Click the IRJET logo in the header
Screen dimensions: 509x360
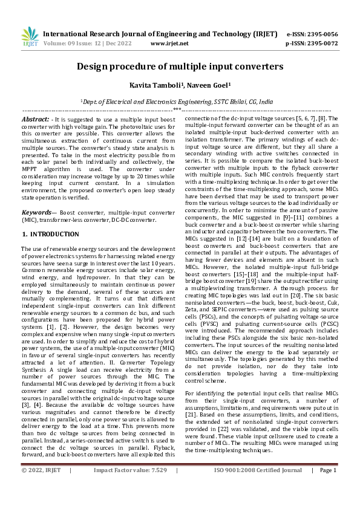(x=29, y=37)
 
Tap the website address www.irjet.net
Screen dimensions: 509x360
(x=169, y=44)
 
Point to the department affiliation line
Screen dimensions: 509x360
(x=180, y=103)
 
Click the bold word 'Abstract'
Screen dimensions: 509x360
(x=35, y=120)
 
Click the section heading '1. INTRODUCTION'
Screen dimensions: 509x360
(x=47, y=233)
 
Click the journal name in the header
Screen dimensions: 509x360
(x=160, y=34)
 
